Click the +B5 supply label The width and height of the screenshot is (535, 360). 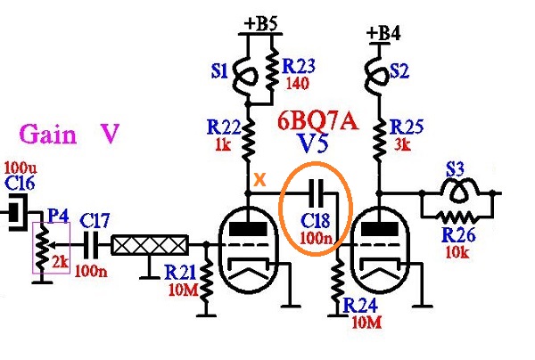[x=261, y=24]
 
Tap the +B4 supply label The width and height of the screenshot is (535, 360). [x=383, y=33]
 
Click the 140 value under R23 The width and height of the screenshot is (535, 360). [x=297, y=83]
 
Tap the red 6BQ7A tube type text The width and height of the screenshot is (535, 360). [x=317, y=121]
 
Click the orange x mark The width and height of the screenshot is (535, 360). [x=260, y=179]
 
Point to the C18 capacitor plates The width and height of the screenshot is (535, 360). [x=317, y=193]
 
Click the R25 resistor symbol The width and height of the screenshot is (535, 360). [x=378, y=141]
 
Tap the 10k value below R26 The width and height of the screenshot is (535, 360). [x=457, y=251]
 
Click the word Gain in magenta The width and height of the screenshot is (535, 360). [x=48, y=134]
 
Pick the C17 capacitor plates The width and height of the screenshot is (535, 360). [x=92, y=245]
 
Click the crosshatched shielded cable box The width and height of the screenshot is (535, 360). [x=150, y=245]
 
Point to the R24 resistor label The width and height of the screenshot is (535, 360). [x=361, y=305]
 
